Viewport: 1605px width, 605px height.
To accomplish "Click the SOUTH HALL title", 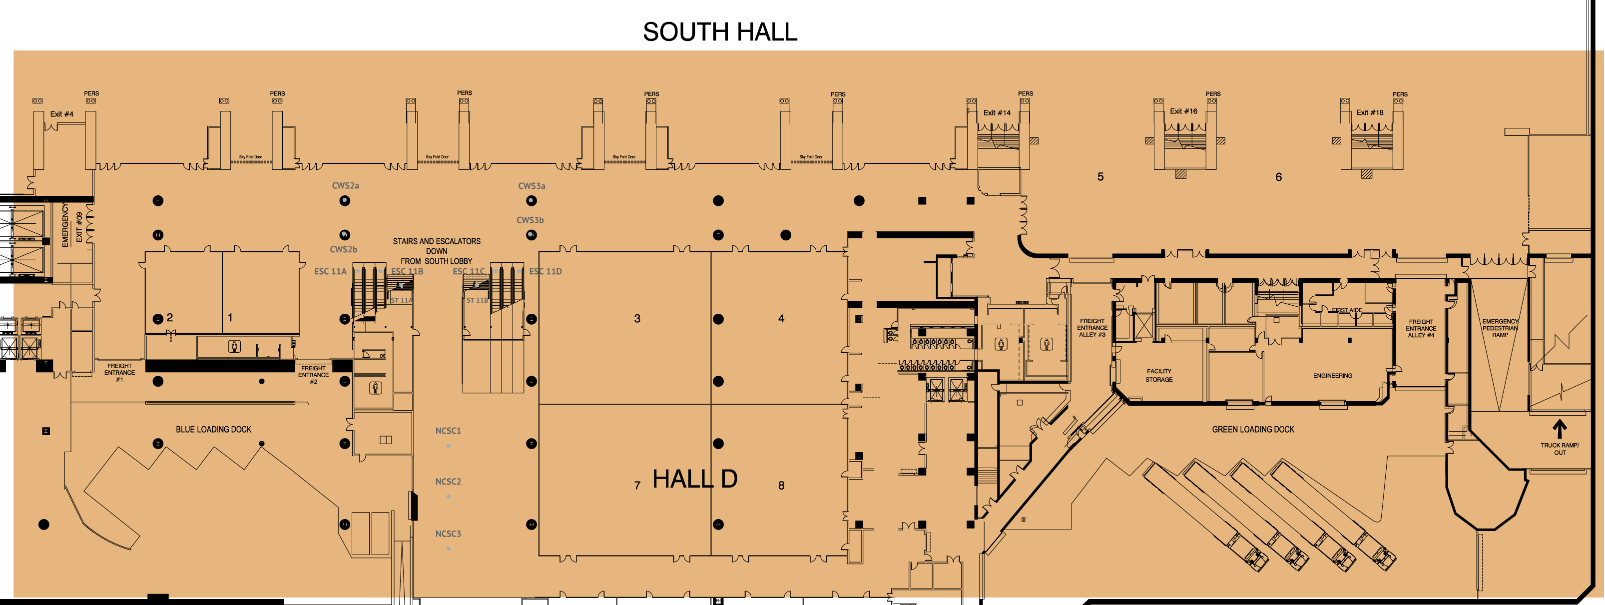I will (x=720, y=32).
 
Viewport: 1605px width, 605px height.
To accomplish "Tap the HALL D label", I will (x=695, y=479).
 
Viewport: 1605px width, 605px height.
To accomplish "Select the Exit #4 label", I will (x=61, y=114).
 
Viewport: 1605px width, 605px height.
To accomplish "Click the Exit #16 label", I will (x=1183, y=111).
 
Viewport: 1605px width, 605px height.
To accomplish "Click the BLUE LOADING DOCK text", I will (x=214, y=429).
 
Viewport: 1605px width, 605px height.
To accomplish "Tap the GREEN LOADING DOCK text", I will (x=1252, y=429).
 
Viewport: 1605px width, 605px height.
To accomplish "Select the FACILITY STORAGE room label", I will (x=1159, y=375).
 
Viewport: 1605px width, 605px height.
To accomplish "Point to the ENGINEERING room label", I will (x=1332, y=376).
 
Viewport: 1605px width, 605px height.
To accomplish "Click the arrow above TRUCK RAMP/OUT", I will (x=1559, y=429).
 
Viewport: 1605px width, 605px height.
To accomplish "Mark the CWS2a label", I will (x=345, y=186).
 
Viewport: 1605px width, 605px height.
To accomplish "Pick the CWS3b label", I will (x=530, y=220).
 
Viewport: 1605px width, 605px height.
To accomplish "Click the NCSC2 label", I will (x=448, y=482).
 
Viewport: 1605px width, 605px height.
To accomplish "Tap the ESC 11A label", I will (x=330, y=272).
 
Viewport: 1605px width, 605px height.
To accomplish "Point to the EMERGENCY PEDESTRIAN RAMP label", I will (x=1500, y=328).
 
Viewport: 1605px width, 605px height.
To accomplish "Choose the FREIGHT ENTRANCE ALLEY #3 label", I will (x=1091, y=328).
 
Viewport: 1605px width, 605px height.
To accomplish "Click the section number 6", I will (x=1278, y=177).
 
